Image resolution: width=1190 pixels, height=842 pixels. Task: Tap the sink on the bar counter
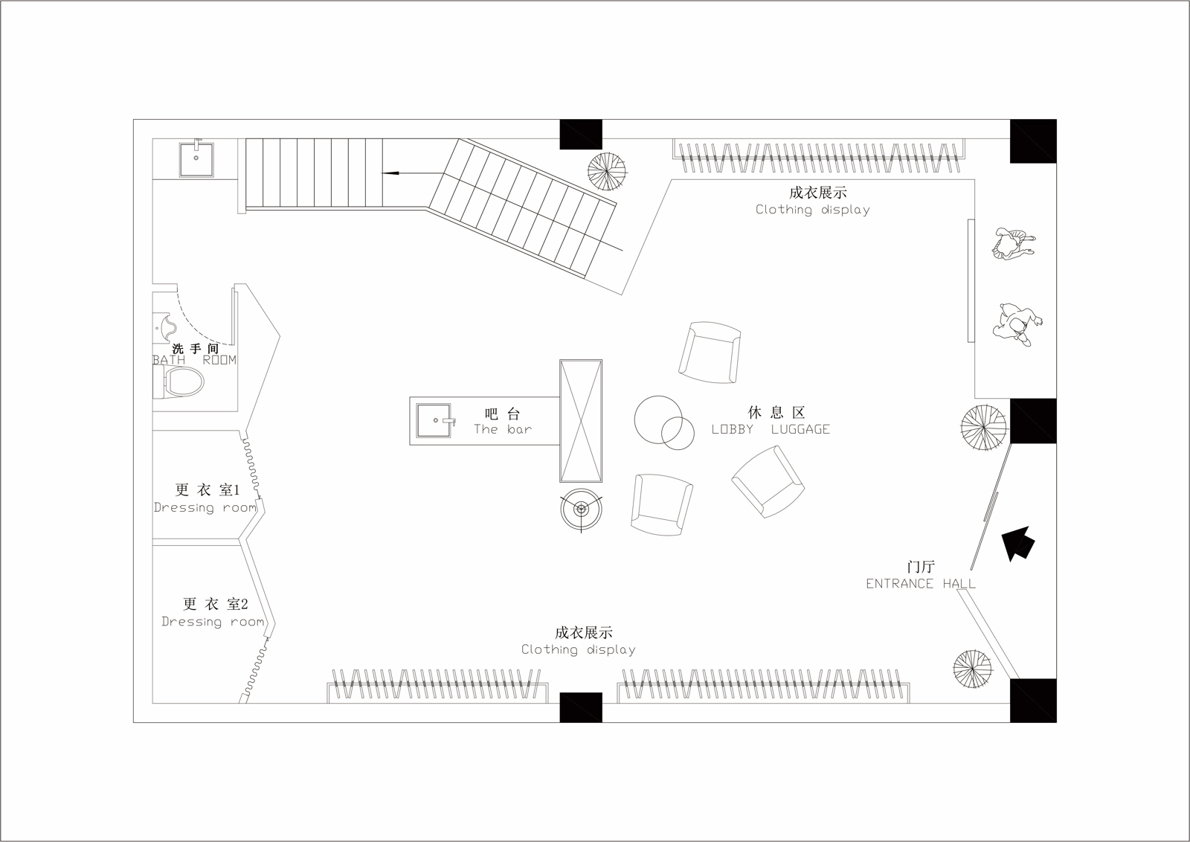click(x=434, y=420)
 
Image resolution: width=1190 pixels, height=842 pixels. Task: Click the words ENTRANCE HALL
click(x=921, y=583)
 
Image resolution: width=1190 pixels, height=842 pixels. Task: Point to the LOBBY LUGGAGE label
click(x=771, y=429)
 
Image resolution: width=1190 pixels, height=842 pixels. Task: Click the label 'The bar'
click(x=503, y=429)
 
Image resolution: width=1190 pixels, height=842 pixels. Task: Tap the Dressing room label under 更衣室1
click(x=205, y=507)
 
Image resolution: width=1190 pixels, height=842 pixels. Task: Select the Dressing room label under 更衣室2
click(x=213, y=622)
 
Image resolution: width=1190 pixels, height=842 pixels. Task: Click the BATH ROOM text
click(x=194, y=360)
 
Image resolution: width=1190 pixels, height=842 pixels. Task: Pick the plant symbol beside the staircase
click(x=607, y=172)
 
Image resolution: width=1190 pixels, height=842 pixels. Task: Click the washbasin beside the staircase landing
click(x=196, y=158)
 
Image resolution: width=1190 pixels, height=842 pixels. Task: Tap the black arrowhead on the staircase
click(x=390, y=173)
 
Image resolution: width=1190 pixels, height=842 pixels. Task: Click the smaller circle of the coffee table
click(x=678, y=433)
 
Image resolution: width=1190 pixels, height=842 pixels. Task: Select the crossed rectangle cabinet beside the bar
click(x=581, y=421)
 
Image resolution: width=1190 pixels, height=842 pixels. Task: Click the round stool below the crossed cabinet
click(x=581, y=510)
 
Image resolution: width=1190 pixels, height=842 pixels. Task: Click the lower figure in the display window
click(x=1017, y=324)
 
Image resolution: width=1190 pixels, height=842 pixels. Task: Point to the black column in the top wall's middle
click(x=581, y=135)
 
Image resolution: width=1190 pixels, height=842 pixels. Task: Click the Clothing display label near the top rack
click(x=813, y=210)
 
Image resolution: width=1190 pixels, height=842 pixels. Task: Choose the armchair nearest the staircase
click(x=710, y=353)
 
